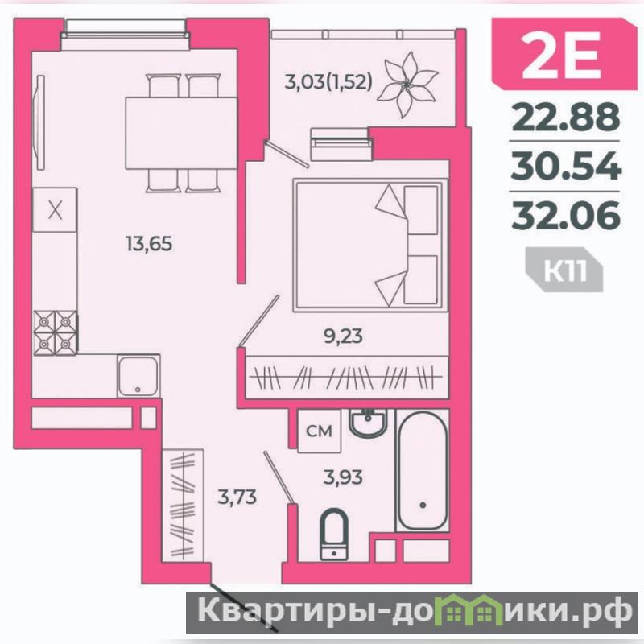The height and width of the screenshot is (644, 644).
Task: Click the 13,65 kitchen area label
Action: [149, 244]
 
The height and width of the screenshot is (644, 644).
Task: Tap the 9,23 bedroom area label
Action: [343, 336]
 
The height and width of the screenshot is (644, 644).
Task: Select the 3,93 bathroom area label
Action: [343, 477]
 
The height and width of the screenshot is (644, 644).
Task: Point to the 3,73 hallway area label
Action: [237, 497]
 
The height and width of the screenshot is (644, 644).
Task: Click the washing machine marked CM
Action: [319, 431]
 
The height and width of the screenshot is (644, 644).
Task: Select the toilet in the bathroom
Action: [334, 535]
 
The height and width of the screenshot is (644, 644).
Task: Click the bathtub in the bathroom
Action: [422, 470]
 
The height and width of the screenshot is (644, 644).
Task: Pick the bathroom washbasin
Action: [368, 423]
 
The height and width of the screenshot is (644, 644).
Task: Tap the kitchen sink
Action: [138, 376]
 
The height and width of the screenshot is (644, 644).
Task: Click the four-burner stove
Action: [55, 332]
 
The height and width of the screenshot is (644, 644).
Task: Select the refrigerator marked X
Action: [55, 210]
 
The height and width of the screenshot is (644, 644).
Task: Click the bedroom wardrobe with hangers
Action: [347, 378]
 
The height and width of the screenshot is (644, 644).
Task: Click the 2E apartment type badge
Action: [565, 53]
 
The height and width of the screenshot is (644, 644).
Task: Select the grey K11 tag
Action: [565, 270]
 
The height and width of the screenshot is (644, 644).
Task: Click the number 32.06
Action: [566, 214]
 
